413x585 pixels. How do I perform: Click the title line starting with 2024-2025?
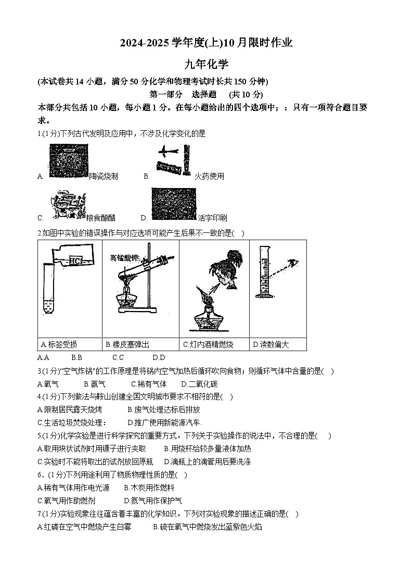206,43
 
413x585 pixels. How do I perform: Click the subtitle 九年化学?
206,64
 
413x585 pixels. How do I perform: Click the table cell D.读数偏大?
270,344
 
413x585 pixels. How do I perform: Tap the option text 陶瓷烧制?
104,176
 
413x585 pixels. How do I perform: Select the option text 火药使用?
209,176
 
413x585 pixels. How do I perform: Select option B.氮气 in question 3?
94,384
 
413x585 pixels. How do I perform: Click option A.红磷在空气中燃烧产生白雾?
84,527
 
